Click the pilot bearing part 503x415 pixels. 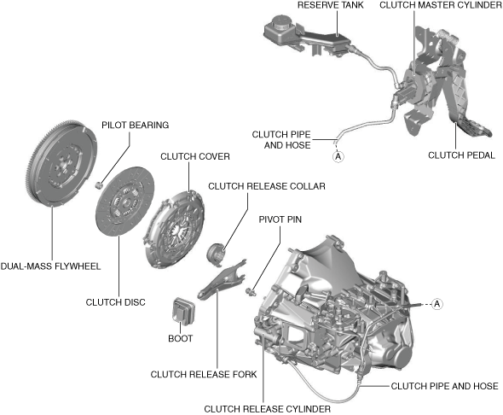point(99,185)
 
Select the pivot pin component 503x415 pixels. point(250,291)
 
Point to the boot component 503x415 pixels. point(183,310)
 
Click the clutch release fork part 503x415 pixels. point(222,279)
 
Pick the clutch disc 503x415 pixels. point(125,202)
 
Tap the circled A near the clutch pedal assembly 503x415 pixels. point(338,157)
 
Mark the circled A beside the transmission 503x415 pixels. point(437,303)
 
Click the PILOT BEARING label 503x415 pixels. point(135,125)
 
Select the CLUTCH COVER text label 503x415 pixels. point(195,156)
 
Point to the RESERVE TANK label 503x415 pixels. point(331,5)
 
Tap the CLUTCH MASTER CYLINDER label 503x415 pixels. point(440,5)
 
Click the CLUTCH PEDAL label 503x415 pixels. point(461,155)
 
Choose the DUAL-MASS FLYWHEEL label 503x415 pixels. point(50,266)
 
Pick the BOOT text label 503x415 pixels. point(180,338)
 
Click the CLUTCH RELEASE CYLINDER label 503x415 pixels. point(267,409)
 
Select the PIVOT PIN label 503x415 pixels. point(280,219)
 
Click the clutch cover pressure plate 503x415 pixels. point(174,228)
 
